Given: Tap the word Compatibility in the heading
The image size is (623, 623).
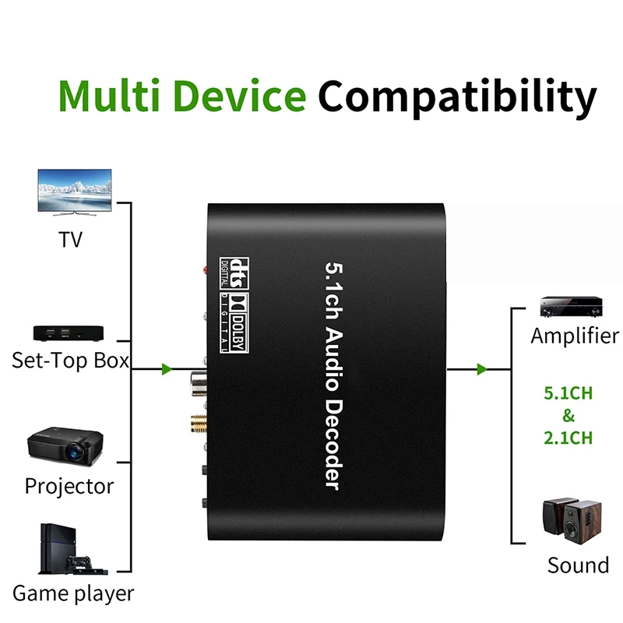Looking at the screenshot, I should click(457, 97).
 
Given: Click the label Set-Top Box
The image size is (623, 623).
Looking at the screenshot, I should click(70, 361).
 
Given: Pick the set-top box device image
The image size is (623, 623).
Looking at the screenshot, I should click(70, 333).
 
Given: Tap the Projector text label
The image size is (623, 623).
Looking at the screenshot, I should click(69, 486).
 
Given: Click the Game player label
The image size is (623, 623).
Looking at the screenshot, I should click(73, 593).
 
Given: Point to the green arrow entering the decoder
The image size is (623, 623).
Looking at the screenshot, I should click(166, 369).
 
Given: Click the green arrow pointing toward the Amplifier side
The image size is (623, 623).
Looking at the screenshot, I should click(482, 369).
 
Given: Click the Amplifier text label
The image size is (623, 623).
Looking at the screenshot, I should click(575, 336).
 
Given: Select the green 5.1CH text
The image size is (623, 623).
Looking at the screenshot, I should click(567, 392).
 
